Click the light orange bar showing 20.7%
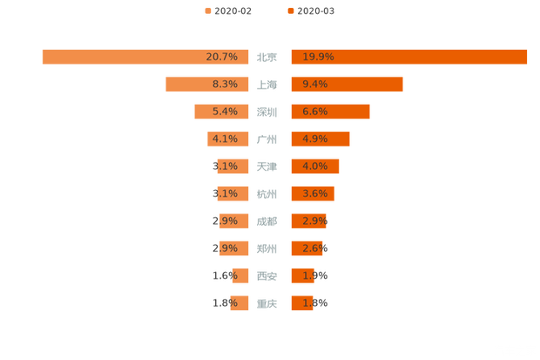[x=122, y=57]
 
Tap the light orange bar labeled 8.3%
[x=187, y=85]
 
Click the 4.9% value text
[x=314, y=139]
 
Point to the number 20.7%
[x=222, y=57]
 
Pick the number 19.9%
[x=318, y=57]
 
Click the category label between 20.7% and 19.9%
[x=267, y=58]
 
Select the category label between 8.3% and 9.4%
[x=267, y=85]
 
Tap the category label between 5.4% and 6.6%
[x=267, y=112]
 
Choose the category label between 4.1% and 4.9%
[x=267, y=139]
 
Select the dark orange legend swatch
[x=289, y=10]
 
